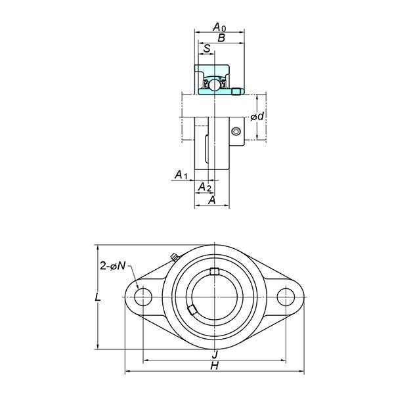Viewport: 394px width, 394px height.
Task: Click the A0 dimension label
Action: point(219,27)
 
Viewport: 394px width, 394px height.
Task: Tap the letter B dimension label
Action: point(221,38)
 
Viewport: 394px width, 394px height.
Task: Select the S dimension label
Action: point(207,48)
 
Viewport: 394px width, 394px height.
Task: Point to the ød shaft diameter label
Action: point(257,116)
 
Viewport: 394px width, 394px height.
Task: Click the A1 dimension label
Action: point(181,175)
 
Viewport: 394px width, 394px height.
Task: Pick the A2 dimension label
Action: point(205,187)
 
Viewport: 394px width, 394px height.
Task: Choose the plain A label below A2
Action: point(212,200)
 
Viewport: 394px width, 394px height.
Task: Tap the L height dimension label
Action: point(97,297)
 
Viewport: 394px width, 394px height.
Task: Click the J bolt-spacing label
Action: point(215,355)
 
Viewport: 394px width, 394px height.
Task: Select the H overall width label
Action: point(215,366)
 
